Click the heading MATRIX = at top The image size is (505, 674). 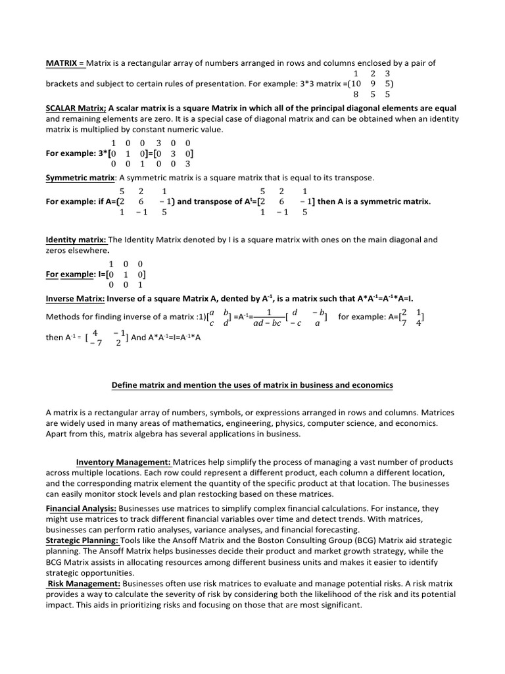tap(65, 63)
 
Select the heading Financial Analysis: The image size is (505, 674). tap(82, 508)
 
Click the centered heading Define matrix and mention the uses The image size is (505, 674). tap(252, 384)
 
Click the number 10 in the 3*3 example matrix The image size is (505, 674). tap(355, 84)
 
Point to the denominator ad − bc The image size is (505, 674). tap(267, 323)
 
